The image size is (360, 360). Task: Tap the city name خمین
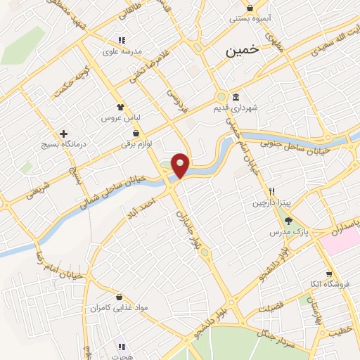coord(242,51)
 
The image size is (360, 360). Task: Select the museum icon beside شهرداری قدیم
coord(236,97)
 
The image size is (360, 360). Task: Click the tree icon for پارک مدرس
coord(289,221)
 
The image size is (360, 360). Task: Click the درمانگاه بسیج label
coord(63,144)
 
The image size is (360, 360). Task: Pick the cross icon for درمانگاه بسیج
coord(63,133)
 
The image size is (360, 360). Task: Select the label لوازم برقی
coord(136,144)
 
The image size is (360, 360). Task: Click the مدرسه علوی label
coord(122,51)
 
